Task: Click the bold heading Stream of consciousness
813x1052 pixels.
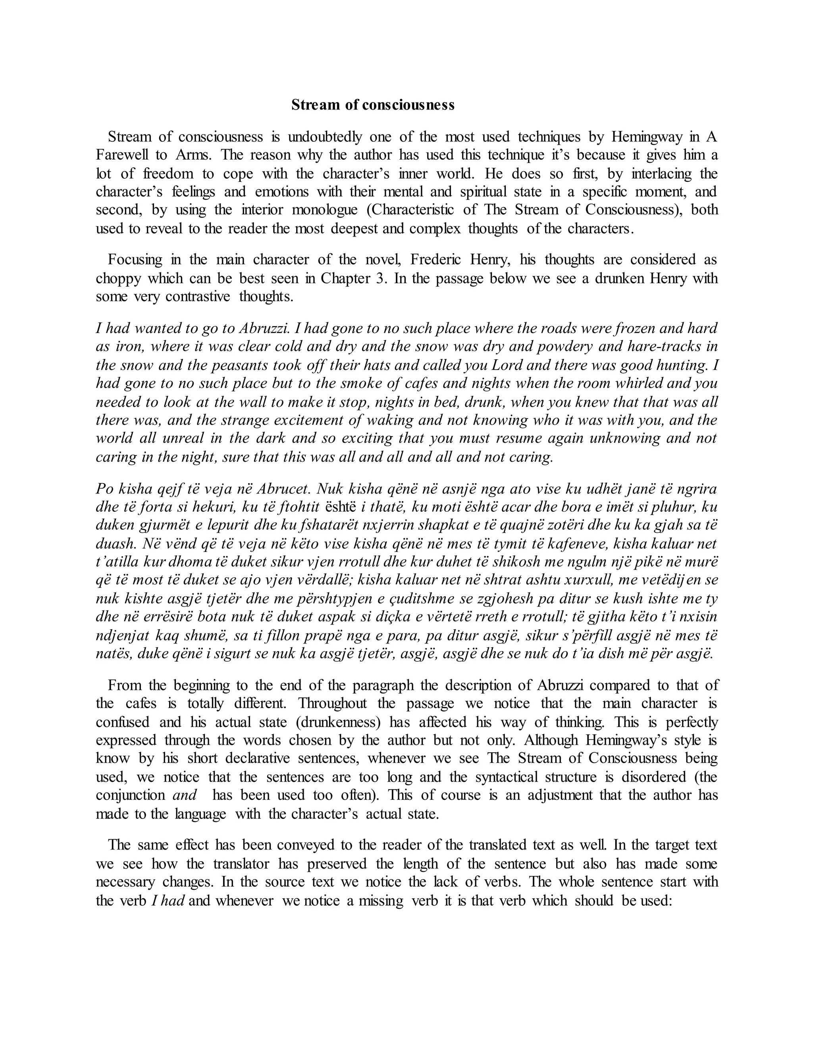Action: tap(372, 105)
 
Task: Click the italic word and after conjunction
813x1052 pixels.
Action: tap(185, 795)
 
